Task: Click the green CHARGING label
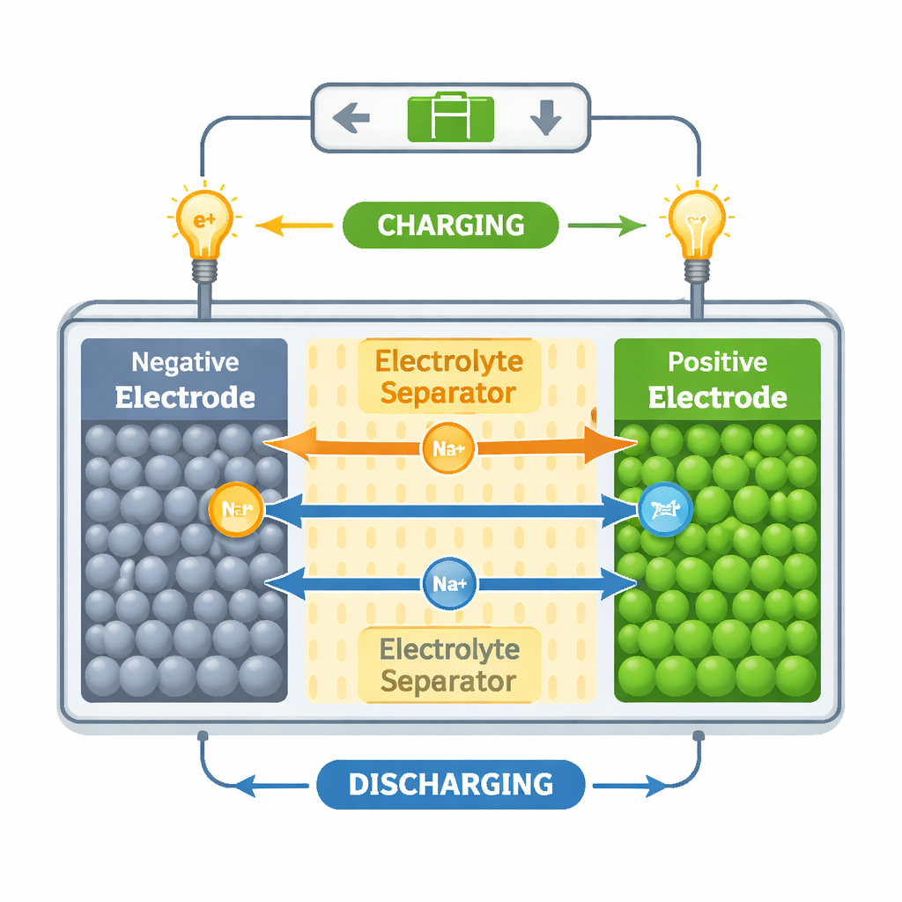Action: click(450, 225)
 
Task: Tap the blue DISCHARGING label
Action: click(450, 783)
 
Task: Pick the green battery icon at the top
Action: click(450, 118)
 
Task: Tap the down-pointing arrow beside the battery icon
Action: click(546, 118)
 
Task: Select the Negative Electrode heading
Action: click(185, 379)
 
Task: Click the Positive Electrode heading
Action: click(717, 379)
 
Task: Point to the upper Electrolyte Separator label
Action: click(448, 377)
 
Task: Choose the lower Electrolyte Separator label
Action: click(448, 665)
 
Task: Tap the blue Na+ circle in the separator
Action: click(449, 583)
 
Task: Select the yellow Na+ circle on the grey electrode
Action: click(236, 509)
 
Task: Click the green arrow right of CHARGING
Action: click(608, 225)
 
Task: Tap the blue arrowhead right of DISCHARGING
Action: click(656, 785)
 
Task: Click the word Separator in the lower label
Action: click(448, 682)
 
